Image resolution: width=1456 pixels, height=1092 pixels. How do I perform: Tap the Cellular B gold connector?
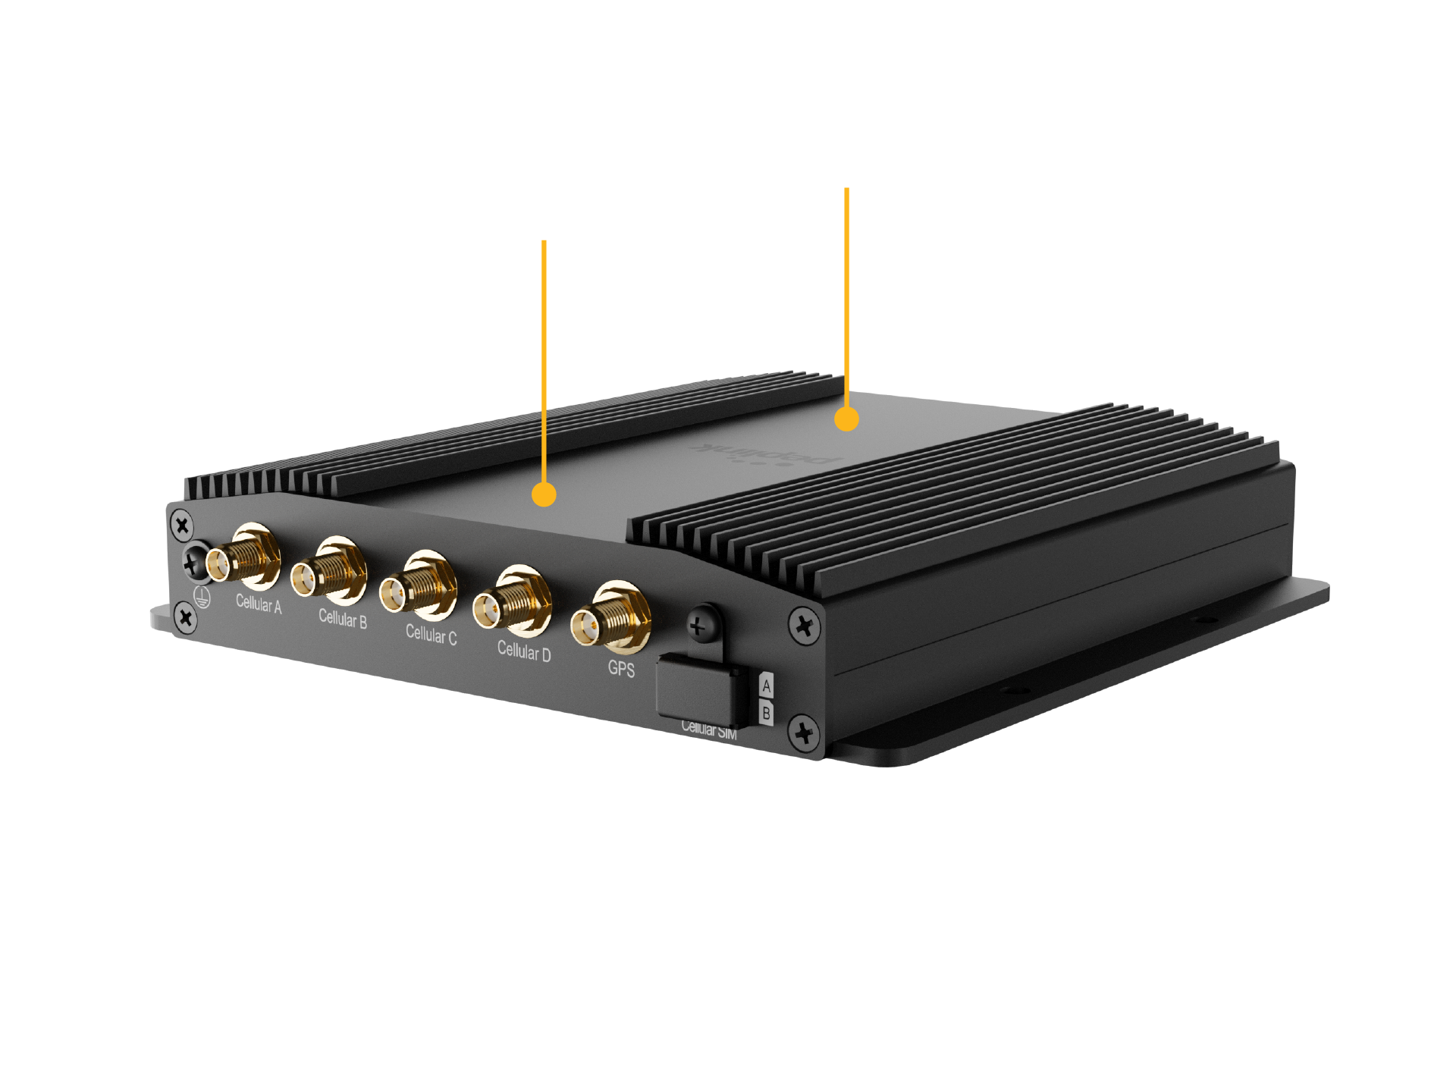tap(331, 574)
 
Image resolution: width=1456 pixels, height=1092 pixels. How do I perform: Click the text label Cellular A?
tap(259, 604)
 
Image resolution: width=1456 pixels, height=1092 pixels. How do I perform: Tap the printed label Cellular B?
tap(343, 619)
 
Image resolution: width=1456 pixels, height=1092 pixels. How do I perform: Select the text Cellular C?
tap(431, 634)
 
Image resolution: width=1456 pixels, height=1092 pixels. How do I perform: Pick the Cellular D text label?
tap(524, 651)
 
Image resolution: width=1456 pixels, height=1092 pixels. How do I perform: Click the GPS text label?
tap(621, 669)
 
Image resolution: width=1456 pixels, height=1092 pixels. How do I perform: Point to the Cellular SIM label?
tap(709, 730)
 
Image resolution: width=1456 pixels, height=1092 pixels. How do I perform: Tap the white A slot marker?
tap(767, 686)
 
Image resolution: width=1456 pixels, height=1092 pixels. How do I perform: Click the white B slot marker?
tap(767, 714)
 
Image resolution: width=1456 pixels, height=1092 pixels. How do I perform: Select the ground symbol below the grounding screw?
tap(202, 596)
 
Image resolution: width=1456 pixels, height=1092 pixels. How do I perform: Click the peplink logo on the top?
tap(766, 453)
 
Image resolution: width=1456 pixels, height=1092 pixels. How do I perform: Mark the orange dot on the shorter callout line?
tap(544, 494)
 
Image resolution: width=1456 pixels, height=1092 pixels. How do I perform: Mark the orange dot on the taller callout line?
tap(846, 419)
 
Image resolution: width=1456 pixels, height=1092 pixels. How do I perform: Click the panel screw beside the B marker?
tap(804, 733)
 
